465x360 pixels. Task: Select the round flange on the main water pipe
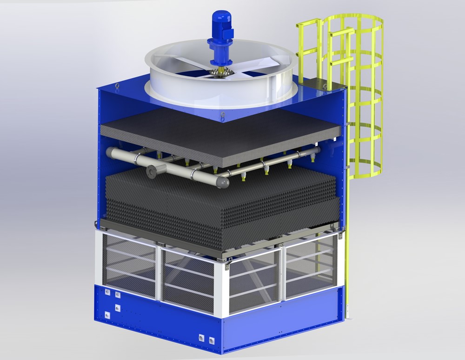[x=151, y=171]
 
